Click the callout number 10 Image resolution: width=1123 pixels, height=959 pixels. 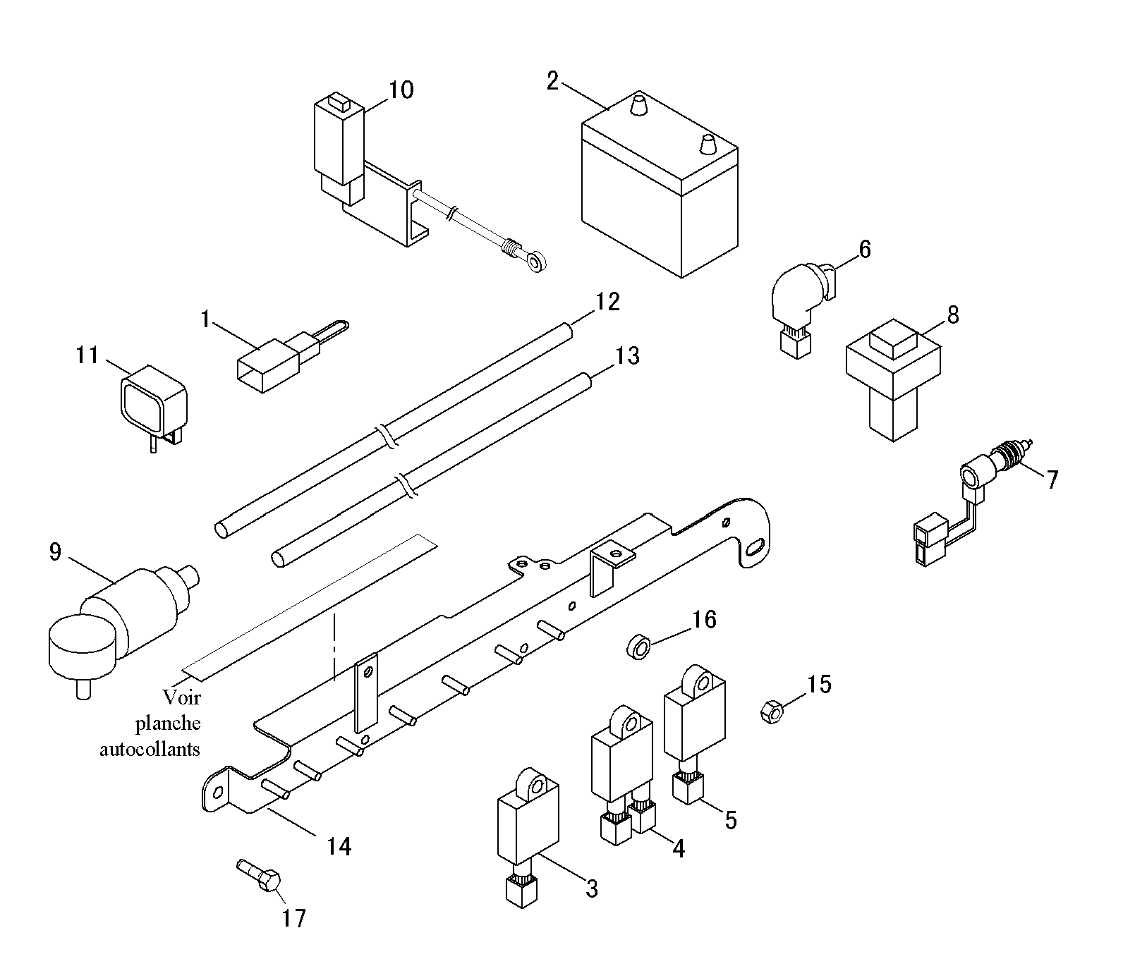coord(401,90)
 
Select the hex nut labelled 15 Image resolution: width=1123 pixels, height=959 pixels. coord(773,711)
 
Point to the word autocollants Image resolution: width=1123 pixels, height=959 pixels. coord(150,748)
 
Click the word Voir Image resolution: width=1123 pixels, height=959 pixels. coord(182,697)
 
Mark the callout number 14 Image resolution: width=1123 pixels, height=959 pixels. coord(339,845)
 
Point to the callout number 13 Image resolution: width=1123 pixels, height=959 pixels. coord(626,356)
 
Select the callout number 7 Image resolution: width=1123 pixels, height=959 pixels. coord(1052,480)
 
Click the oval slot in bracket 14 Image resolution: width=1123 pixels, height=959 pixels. coord(754,548)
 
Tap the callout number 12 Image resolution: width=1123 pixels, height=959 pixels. coord(607,302)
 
